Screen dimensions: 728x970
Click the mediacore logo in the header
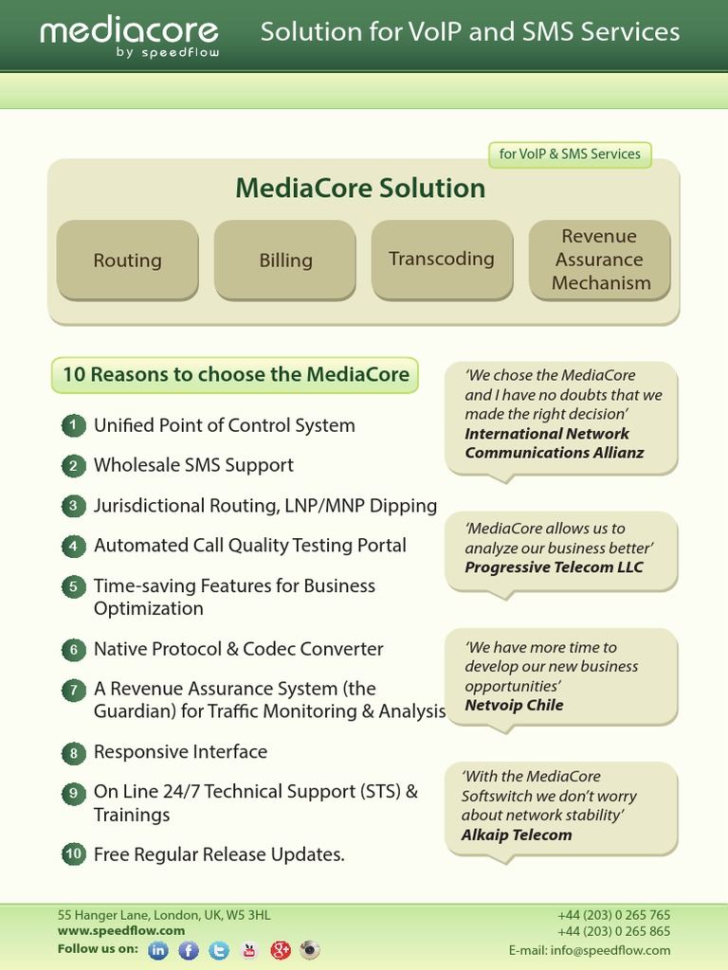pyautogui.click(x=130, y=36)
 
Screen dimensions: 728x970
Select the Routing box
pyautogui.click(x=127, y=260)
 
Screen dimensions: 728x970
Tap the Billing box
pyautogui.click(x=285, y=260)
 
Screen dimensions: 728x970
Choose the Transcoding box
pyautogui.click(x=442, y=259)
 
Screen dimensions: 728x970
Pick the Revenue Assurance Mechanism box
pyautogui.click(x=600, y=260)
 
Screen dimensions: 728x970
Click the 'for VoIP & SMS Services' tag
pyautogui.click(x=570, y=154)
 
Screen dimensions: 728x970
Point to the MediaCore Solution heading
pyautogui.click(x=360, y=188)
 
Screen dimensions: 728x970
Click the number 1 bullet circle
pyautogui.click(x=73, y=425)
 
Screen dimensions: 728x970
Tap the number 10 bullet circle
pyautogui.click(x=73, y=853)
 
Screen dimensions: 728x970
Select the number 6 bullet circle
pyautogui.click(x=73, y=650)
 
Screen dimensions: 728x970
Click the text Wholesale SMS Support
pyautogui.click(x=193, y=465)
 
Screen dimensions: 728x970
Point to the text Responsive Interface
pyautogui.click(x=180, y=751)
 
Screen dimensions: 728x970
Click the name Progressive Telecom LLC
pyautogui.click(x=554, y=567)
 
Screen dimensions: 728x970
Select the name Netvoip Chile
pyautogui.click(x=514, y=705)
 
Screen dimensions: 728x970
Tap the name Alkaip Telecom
pyautogui.click(x=517, y=835)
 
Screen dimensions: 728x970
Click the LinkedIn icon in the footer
pyautogui.click(x=158, y=950)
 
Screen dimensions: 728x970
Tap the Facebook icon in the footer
pyautogui.click(x=189, y=950)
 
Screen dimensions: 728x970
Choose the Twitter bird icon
pyautogui.click(x=219, y=950)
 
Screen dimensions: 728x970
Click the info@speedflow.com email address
pyautogui.click(x=623, y=950)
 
